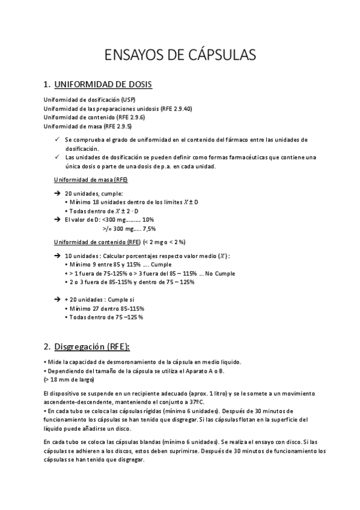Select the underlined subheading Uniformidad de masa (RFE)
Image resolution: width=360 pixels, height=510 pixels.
pyautogui.click(x=91, y=179)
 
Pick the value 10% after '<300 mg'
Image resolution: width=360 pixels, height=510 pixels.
pyautogui.click(x=147, y=220)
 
